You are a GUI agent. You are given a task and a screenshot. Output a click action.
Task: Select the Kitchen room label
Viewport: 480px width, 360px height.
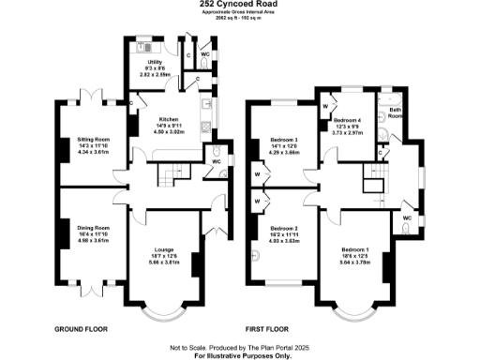168,119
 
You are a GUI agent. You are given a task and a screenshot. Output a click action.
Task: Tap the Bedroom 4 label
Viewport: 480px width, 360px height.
348,121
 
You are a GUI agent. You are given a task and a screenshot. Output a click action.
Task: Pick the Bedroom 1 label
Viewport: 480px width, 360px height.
354,249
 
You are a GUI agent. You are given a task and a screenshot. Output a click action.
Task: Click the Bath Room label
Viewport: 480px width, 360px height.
396,114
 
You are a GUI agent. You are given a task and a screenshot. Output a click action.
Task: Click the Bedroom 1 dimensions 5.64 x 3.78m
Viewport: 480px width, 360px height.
354,262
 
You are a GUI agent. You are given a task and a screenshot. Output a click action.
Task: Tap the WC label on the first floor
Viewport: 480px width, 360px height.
407,217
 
